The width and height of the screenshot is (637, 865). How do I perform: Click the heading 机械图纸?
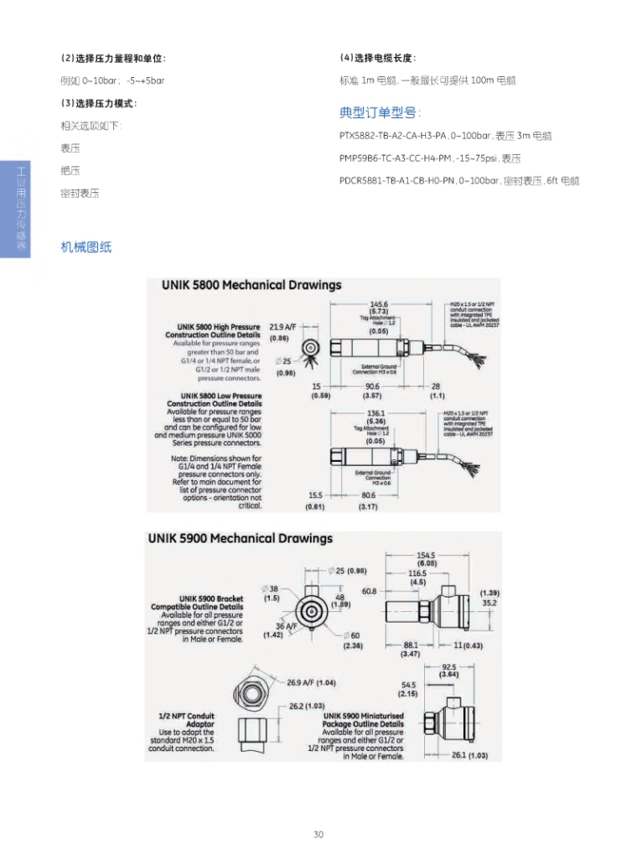85,247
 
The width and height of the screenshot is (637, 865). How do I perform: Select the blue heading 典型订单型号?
380,113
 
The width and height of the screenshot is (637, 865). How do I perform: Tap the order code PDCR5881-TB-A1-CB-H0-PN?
396,180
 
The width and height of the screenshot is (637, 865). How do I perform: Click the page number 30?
318,834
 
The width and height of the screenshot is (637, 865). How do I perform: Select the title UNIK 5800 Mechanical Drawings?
251,285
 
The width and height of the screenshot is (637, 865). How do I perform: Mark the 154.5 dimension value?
426,555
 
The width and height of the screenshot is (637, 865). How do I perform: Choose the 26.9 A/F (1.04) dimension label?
311,682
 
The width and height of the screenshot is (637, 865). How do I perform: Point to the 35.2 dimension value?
489,603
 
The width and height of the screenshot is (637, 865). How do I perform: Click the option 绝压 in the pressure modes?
70,170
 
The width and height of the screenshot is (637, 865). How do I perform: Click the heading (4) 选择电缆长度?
377,58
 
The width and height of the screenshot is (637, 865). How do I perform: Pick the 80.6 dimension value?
369,496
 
